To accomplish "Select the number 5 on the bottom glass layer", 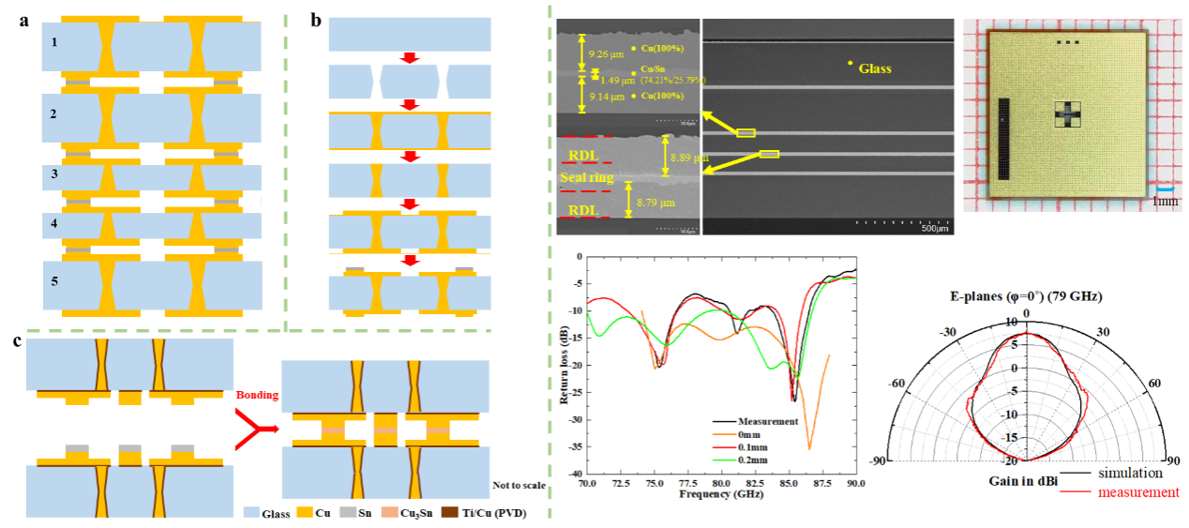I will [54, 281].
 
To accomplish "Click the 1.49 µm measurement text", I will [614, 80].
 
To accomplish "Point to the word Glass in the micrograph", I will [875, 68].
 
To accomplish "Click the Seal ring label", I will [587, 177].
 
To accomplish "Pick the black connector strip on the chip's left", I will [1003, 138].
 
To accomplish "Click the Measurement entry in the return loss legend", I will [768, 422].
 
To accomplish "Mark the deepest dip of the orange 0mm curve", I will [809, 448].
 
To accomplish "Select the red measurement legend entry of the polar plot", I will [1137, 492].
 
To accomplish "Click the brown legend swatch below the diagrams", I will [450, 512].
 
